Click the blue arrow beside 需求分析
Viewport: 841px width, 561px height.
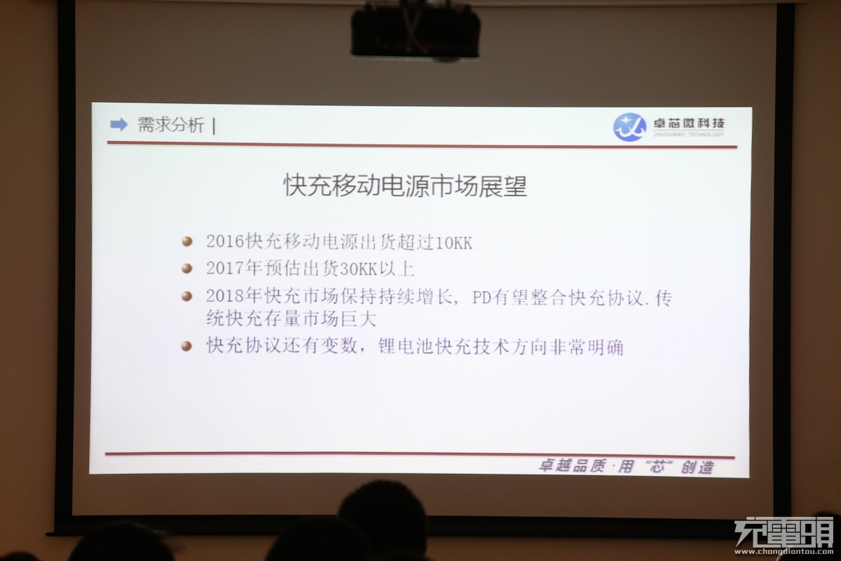point(118,124)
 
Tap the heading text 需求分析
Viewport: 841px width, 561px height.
point(171,125)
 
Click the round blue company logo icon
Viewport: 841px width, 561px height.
point(629,127)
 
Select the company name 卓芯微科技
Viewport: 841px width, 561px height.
point(688,123)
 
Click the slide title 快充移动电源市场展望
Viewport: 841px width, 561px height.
point(405,185)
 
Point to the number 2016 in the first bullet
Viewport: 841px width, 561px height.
point(225,241)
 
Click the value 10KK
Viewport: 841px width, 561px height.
point(453,243)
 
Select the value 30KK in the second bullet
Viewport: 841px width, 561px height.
point(358,269)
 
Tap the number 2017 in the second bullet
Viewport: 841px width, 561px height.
point(225,269)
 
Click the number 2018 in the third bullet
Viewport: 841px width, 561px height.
point(225,296)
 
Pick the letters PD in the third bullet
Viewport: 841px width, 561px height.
point(481,298)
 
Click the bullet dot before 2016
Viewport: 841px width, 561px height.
point(187,241)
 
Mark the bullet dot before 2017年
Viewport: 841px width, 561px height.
point(187,269)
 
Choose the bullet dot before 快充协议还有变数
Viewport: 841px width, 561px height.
point(186,346)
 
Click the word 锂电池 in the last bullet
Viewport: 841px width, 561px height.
point(406,346)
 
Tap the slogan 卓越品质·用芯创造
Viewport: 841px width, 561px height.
point(627,467)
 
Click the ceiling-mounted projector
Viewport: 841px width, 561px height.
point(415,31)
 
